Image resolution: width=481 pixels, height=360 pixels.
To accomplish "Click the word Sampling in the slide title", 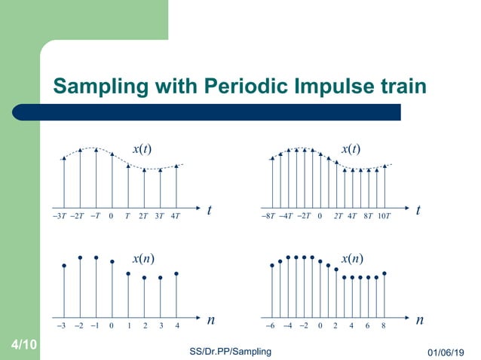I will [98, 87].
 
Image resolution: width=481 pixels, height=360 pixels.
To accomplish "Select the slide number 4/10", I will [24, 345].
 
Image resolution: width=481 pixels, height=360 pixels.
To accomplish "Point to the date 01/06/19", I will [446, 352].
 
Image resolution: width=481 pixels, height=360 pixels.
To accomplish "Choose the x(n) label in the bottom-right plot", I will [352, 259].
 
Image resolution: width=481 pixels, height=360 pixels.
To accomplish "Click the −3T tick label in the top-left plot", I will [63, 215].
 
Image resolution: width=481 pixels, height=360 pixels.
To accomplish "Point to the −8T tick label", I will [268, 215].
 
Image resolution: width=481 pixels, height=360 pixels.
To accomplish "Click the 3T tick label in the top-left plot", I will [159, 215].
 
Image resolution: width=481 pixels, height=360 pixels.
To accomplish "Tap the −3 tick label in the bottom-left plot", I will [63, 326].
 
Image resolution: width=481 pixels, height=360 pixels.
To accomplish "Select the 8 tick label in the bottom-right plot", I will [383, 326].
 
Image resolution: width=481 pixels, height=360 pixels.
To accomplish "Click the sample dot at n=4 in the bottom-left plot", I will [176, 273].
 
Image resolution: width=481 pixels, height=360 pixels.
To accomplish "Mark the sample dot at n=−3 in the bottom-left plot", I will [64, 265].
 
